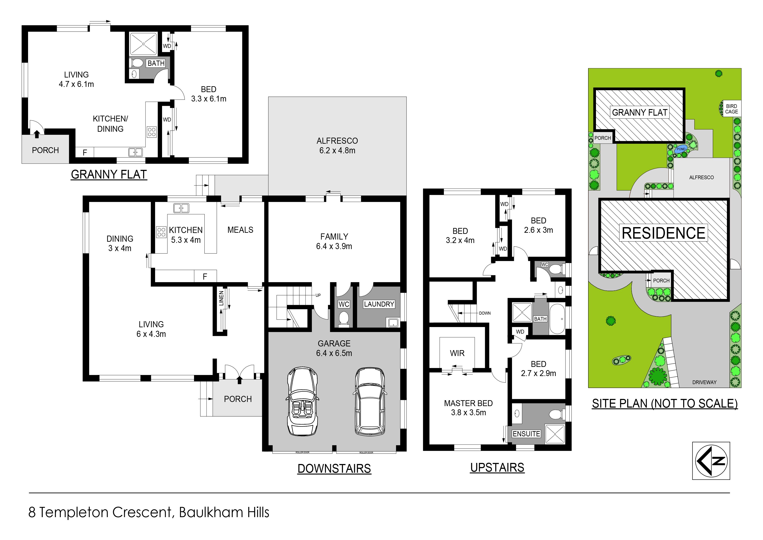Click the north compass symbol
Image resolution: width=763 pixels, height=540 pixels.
pyautogui.click(x=711, y=461)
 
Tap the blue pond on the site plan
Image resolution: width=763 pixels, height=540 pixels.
pyautogui.click(x=681, y=149)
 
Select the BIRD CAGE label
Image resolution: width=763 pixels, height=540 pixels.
pyautogui.click(x=731, y=109)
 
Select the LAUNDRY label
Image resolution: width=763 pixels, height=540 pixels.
pyautogui.click(x=379, y=304)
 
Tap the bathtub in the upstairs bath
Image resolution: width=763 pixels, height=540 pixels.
pyautogui.click(x=557, y=319)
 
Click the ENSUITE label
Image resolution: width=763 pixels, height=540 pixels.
pyautogui.click(x=526, y=434)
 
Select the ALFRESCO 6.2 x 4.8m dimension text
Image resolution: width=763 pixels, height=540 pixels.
pyautogui.click(x=337, y=151)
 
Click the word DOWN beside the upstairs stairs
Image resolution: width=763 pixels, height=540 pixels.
pyautogui.click(x=485, y=313)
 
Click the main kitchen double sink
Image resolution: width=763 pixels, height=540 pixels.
pyautogui.click(x=181, y=208)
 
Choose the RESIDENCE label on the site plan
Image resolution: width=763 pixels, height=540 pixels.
pyautogui.click(x=664, y=233)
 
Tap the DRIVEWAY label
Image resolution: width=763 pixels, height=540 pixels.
pyautogui.click(x=704, y=382)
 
